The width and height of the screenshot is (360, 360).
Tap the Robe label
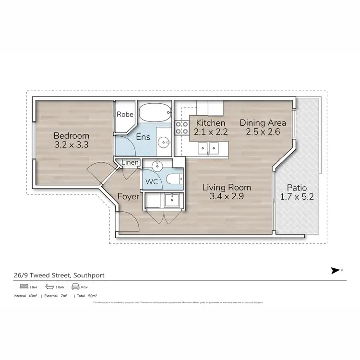(125, 115)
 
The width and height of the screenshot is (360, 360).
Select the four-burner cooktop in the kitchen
(181, 127)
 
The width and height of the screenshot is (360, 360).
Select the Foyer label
(128, 196)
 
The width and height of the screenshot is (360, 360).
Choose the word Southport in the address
(88, 275)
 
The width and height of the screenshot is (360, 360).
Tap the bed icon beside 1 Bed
(18, 287)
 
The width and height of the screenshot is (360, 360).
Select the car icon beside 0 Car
(75, 287)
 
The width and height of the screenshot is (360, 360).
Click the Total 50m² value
(88, 296)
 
